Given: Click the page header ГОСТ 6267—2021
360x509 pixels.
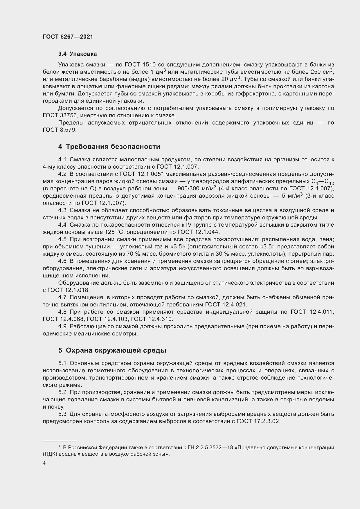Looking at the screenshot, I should coord(68,37).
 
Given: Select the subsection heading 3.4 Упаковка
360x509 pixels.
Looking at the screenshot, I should coord(77,54).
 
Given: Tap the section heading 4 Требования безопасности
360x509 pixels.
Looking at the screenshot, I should coord(109,147).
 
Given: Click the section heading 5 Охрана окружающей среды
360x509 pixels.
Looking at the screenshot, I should coord(112,350).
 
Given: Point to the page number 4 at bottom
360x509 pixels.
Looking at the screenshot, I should coord(44,463).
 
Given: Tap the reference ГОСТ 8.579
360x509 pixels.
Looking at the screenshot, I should coord(60,130).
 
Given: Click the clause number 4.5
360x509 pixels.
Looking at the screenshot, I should coord(62,239).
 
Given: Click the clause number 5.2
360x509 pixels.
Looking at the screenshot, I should coord(62,392).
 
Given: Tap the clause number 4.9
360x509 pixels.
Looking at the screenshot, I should coord(62,326).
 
